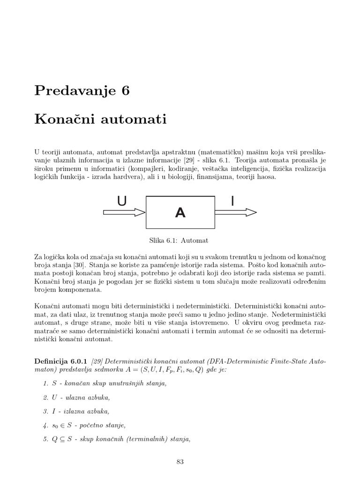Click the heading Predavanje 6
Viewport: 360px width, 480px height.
coord(82,91)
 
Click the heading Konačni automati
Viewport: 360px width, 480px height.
coord(100,120)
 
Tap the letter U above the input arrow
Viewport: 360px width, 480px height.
coord(122,202)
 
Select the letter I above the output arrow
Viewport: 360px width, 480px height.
coord(232,202)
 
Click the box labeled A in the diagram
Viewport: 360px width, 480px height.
coord(180,212)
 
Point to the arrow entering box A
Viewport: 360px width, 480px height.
coord(124,212)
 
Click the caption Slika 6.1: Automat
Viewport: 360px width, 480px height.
coord(178,240)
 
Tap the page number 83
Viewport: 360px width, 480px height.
coord(180,462)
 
